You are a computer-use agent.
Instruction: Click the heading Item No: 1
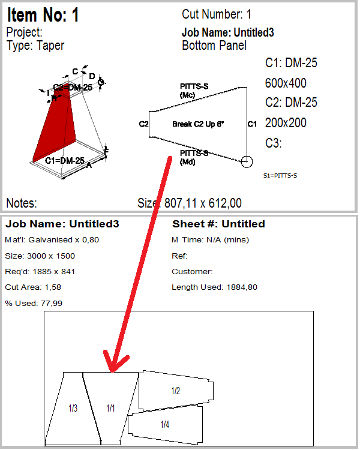pos(43,15)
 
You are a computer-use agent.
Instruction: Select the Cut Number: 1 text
pos(217,14)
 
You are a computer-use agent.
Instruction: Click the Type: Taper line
pos(35,45)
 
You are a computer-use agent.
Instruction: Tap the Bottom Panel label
pos(214,46)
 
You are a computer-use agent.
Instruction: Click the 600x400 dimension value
pos(286,83)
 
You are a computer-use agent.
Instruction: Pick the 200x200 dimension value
pos(286,123)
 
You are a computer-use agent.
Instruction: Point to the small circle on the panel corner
pos(246,161)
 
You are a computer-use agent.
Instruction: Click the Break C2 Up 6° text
pos(198,124)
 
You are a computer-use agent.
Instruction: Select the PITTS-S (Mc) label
pos(194,91)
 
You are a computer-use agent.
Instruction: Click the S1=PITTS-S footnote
pos(280,176)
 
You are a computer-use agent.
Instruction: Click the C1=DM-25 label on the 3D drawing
pos(65,161)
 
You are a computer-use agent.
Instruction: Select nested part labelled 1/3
pos(73,409)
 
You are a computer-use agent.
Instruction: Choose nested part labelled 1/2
pos(175,391)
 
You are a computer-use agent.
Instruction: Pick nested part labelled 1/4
pos(164,425)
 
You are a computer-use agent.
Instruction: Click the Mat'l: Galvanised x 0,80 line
pos(52,240)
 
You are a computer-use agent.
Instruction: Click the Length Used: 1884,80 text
pos(215,287)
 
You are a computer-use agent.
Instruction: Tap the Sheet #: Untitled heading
pos(218,224)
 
